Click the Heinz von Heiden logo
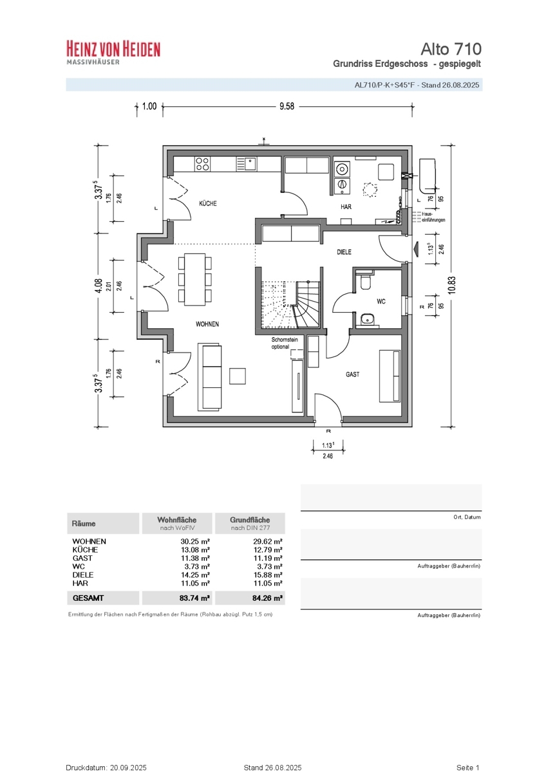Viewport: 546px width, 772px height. [113, 52]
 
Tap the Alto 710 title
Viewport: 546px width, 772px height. [451, 49]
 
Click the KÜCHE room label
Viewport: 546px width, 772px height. [207, 203]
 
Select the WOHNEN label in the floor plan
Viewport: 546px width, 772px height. [207, 324]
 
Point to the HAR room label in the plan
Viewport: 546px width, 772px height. [346, 207]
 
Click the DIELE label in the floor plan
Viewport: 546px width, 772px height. [344, 252]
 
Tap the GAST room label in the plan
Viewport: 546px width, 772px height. [352, 374]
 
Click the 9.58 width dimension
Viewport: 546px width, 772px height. [287, 106]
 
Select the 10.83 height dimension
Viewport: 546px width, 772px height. [452, 285]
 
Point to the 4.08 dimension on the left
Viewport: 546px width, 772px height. [99, 286]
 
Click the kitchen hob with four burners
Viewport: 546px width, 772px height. [202, 164]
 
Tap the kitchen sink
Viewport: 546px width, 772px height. [246, 164]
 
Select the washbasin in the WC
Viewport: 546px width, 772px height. [368, 320]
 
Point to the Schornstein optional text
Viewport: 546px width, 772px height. [285, 343]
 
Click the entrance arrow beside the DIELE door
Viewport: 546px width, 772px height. [415, 248]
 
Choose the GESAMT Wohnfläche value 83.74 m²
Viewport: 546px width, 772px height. [194, 598]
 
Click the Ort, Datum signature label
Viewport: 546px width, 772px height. [467, 517]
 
